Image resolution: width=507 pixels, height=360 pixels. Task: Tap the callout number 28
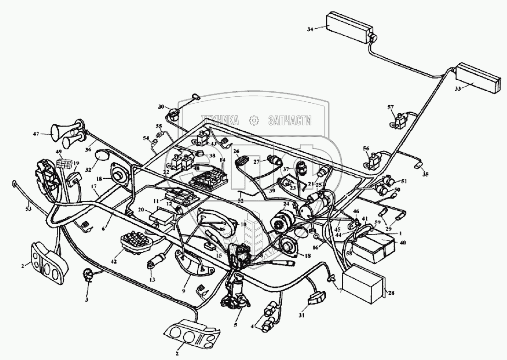(391, 293)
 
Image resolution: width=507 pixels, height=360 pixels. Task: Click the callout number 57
(390, 107)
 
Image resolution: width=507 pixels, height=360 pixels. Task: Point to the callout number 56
(366, 148)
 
